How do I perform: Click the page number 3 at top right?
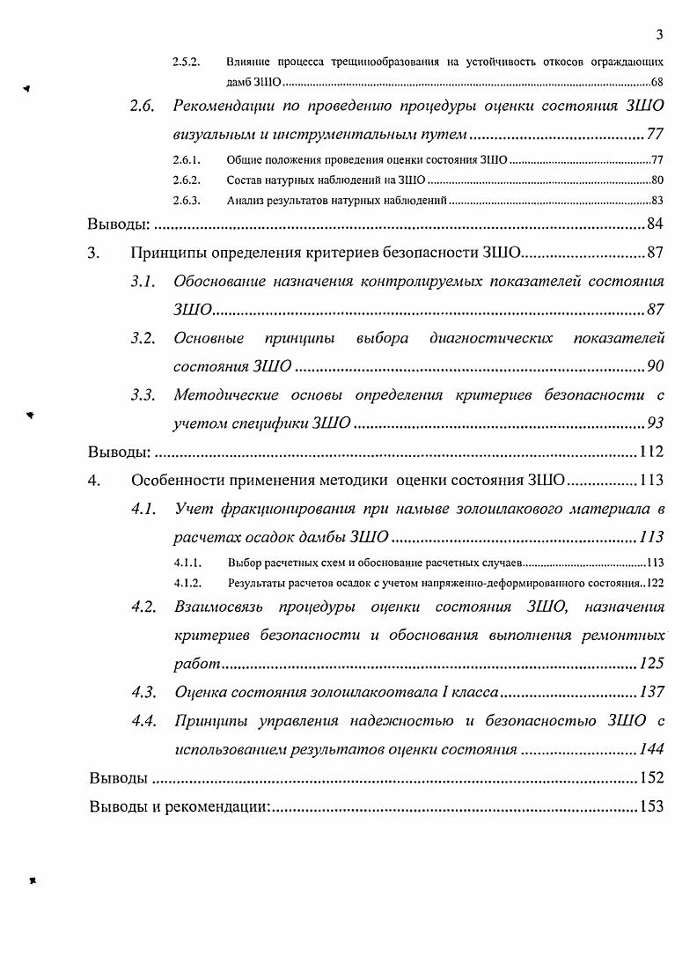pos(658,34)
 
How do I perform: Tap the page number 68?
pos(657,82)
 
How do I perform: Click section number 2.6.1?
pos(186,160)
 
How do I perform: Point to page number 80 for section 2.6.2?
pos(657,180)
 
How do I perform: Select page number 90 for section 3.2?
pos(654,366)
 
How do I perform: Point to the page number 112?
pos(650,452)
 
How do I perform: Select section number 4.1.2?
pos(189,583)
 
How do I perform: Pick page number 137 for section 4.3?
pos(650,692)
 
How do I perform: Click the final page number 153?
pos(650,806)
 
